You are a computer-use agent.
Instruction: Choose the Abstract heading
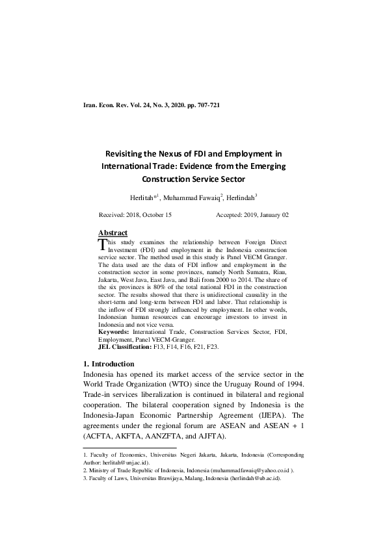[x=113, y=233]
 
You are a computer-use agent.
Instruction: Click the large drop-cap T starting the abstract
[x=101, y=245]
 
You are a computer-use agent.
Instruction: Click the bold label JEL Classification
[x=124, y=348]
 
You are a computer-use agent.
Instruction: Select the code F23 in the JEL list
[x=213, y=348]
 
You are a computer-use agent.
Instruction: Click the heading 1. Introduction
[x=109, y=364]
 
